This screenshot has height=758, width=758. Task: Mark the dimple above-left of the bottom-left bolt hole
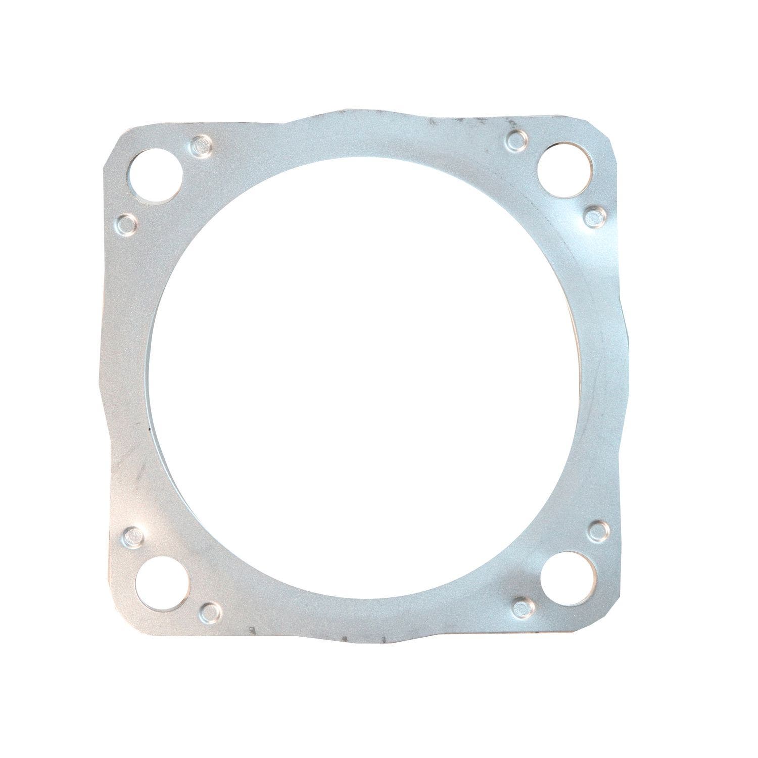[133, 535]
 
